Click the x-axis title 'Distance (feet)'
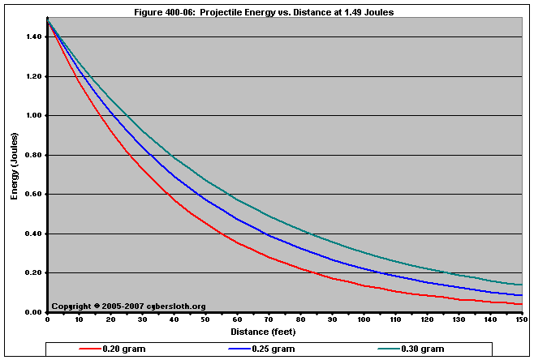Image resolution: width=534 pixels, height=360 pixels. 263,332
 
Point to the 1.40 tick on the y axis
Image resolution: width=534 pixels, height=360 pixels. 35,37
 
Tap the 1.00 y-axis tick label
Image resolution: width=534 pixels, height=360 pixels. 35,116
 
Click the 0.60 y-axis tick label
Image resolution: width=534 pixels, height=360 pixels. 35,195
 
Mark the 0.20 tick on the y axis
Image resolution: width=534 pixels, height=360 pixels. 35,273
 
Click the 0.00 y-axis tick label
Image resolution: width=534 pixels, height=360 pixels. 35,312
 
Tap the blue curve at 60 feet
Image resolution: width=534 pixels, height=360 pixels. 237,219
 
